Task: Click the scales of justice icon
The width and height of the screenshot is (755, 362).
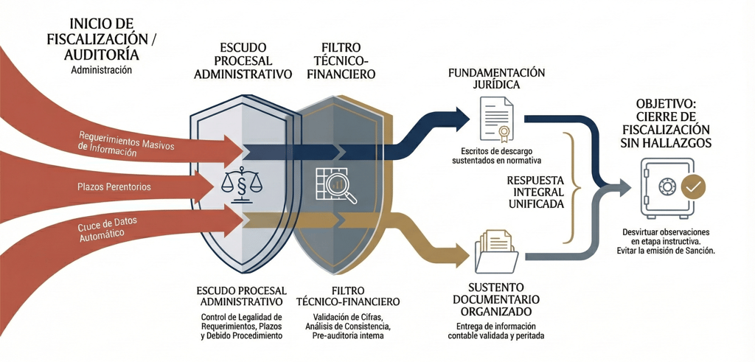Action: [237, 184]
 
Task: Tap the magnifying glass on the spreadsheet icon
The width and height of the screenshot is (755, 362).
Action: [347, 194]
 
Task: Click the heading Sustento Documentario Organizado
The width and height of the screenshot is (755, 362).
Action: [494, 299]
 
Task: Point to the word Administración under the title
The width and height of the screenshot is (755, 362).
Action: [101, 71]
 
